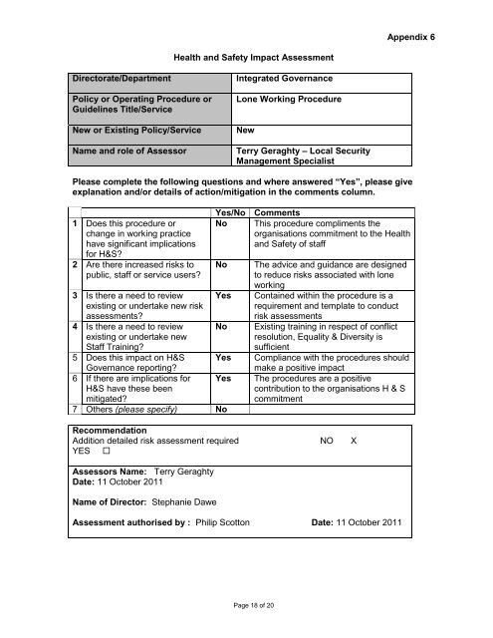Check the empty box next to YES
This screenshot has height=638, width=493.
(106, 451)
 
